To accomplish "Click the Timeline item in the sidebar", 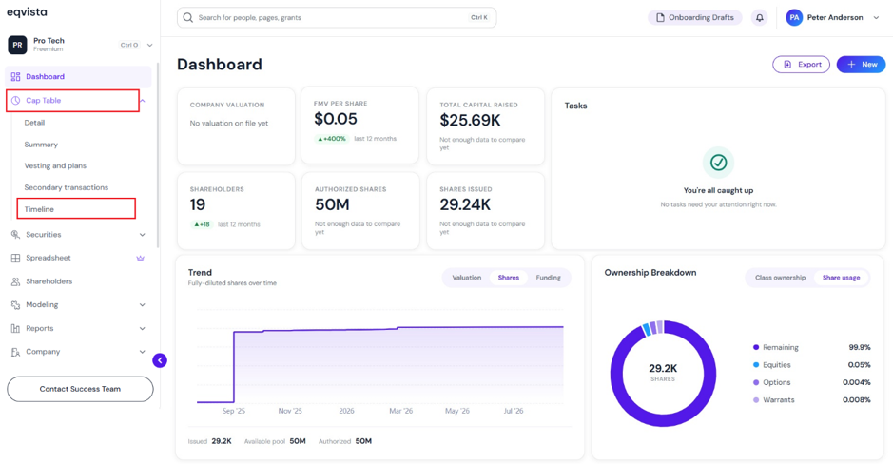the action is [39, 209].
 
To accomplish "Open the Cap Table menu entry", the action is [44, 100].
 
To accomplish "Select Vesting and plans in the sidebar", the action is [55, 165].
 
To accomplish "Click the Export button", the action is [801, 65].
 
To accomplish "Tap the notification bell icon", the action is [759, 18].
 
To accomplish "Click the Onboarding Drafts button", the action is [695, 18].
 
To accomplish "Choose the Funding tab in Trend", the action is [548, 278].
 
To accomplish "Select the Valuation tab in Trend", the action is [466, 278].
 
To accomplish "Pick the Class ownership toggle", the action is [780, 278].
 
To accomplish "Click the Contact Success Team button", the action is [80, 389].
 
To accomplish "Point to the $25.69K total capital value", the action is [470, 120].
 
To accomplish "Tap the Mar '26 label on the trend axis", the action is [401, 411].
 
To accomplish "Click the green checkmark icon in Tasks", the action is [718, 163].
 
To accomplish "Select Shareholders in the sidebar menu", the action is [49, 281].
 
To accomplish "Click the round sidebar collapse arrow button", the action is [160, 360].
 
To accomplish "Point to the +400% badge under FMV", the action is [332, 139].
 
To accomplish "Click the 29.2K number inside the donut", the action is [663, 368].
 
